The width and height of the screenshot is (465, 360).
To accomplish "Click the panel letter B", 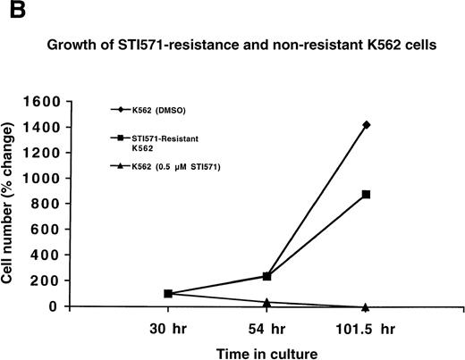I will coord(10,11).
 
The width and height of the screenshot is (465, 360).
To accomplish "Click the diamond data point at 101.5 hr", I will coord(367,125).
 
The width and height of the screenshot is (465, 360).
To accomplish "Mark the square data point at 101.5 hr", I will coord(367,195).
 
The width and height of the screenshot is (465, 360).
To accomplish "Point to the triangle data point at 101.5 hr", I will coord(367,306).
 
